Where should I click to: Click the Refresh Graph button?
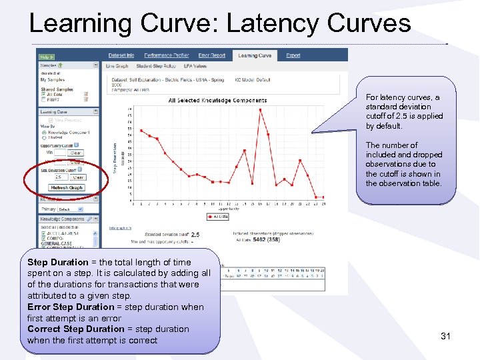tap(67, 188)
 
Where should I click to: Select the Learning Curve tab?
tap(255, 55)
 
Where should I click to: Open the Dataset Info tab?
tap(121, 55)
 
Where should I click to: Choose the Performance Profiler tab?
tap(167, 55)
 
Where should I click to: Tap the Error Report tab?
tap(212, 55)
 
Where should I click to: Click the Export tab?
tap(293, 55)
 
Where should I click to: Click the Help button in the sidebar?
tap(46, 57)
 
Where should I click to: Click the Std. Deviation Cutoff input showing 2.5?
tap(60, 177)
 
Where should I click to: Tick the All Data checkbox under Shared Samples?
tap(43, 95)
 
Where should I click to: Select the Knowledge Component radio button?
tap(43, 133)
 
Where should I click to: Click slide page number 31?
tap(445, 336)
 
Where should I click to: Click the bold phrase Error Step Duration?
tap(71, 307)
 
